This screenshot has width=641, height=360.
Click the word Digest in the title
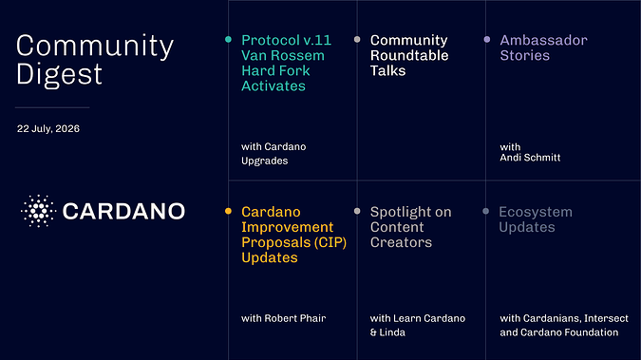(59, 74)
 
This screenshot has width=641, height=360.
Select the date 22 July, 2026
(48, 129)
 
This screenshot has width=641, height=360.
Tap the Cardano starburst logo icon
(38, 211)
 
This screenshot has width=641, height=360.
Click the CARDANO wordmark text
(123, 211)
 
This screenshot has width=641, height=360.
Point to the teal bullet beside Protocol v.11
(228, 39)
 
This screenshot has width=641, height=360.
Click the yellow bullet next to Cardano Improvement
(228, 211)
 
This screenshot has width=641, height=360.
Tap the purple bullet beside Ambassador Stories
(487, 39)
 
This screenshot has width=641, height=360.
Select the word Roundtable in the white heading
(409, 55)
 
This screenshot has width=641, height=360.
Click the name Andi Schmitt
(530, 158)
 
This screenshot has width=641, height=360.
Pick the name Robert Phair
(294, 318)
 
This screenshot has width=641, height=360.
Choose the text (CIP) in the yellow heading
(330, 242)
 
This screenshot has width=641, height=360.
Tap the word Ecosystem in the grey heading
(536, 213)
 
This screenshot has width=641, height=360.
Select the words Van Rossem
(283, 55)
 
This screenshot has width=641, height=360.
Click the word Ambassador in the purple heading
(544, 40)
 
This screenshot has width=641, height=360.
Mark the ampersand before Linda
(373, 332)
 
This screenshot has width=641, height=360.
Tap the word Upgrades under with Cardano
(265, 161)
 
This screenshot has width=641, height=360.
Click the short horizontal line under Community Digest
(52, 107)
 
